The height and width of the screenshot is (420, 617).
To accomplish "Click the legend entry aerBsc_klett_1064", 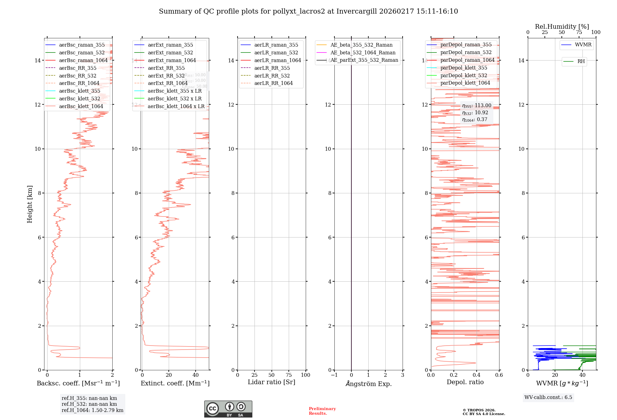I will click(x=81, y=106).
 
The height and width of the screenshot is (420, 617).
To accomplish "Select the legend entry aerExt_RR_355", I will click(x=166, y=68).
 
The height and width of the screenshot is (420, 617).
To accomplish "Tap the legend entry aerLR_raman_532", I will click(x=276, y=52).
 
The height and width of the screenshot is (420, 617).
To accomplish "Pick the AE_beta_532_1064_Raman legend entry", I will click(x=363, y=52).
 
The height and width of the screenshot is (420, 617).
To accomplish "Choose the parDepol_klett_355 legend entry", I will click(x=464, y=68).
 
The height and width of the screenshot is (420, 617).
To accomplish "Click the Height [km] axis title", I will click(x=30, y=204).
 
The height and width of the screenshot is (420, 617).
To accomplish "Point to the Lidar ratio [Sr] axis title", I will click(x=271, y=382).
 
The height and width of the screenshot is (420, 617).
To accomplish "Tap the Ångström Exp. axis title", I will click(x=368, y=384).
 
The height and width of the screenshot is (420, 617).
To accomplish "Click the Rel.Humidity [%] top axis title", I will click(x=562, y=27).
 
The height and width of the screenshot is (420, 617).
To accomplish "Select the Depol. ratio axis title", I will click(x=465, y=382).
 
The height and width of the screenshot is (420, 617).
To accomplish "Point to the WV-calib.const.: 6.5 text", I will click(x=548, y=397).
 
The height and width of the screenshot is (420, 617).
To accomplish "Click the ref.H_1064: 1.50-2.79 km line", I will click(x=93, y=410).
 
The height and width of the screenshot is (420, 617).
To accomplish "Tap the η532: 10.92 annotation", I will click(x=475, y=113).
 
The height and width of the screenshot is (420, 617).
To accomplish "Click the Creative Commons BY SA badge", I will click(x=228, y=409).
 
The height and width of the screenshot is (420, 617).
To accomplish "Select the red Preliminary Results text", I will click(x=322, y=411).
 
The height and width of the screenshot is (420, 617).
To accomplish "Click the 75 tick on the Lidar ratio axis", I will click(x=289, y=375).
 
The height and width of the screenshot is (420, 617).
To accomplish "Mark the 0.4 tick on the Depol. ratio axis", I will click(x=476, y=375).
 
